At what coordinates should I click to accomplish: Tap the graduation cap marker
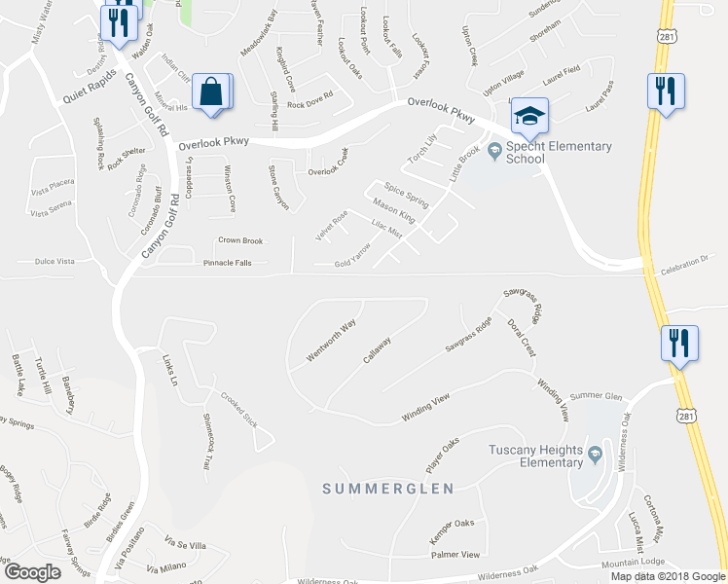528,117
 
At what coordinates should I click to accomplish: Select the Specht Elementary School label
558,153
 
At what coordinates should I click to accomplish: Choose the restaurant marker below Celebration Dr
678,344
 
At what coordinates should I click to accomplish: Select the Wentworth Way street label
331,341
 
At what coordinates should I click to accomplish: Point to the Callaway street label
378,350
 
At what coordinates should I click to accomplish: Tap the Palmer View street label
455,555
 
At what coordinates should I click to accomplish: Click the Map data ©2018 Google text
668,576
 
